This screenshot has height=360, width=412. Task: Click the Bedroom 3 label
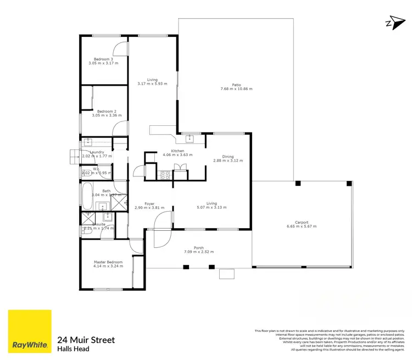pos(103,59)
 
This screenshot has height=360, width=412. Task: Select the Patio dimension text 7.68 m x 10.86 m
pos(236,89)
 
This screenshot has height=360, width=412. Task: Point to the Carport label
pos(302,222)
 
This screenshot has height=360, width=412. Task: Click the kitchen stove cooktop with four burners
pos(164,175)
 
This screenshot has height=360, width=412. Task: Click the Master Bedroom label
pos(108,262)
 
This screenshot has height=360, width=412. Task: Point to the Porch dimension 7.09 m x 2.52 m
pos(198,252)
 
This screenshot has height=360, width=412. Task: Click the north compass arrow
pos(391,23)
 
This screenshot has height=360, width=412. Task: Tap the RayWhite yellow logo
pos(30,331)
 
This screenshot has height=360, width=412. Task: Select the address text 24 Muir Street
pos(86,340)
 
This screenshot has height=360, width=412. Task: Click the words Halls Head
pos(73,349)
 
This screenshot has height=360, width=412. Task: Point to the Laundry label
pos(97,152)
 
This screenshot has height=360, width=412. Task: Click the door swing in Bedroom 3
pos(122,48)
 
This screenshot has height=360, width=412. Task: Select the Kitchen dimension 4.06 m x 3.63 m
pos(177,155)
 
